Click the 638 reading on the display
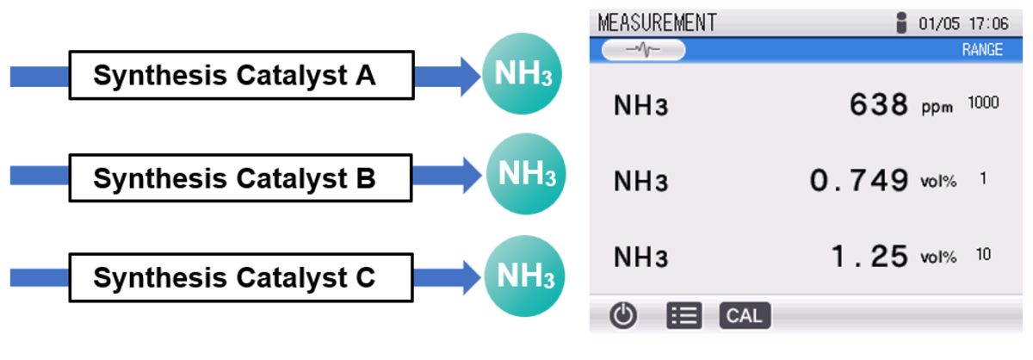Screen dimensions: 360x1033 click(878, 105)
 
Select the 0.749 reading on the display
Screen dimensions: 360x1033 click(858, 181)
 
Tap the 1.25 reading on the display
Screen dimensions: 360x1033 click(869, 256)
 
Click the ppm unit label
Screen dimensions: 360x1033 click(937, 109)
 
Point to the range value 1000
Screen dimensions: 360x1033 click(983, 103)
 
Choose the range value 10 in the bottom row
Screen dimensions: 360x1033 click(983, 254)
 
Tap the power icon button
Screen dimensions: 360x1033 click(623, 316)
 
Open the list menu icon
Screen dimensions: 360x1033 click(684, 316)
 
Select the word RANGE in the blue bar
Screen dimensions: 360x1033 click(982, 50)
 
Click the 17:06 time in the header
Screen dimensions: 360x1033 click(987, 23)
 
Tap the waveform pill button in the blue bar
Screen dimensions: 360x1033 click(643, 50)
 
